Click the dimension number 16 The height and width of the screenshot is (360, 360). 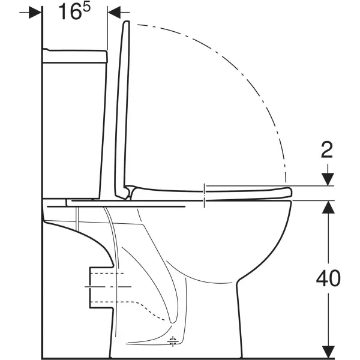[x=70, y=12]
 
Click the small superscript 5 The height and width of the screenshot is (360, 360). [x=86, y=7]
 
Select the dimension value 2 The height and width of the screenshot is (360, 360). [x=327, y=150]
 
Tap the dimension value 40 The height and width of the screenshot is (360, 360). [x=328, y=278]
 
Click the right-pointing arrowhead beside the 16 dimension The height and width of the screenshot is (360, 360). [x=35, y=13]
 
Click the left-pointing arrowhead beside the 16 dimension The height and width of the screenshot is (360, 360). [x=114, y=13]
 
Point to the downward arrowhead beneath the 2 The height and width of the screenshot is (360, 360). [x=328, y=179]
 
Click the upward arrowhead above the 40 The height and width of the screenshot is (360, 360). [x=328, y=207]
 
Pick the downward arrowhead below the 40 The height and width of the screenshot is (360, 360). [x=328, y=352]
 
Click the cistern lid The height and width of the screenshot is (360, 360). [x=75, y=56]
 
